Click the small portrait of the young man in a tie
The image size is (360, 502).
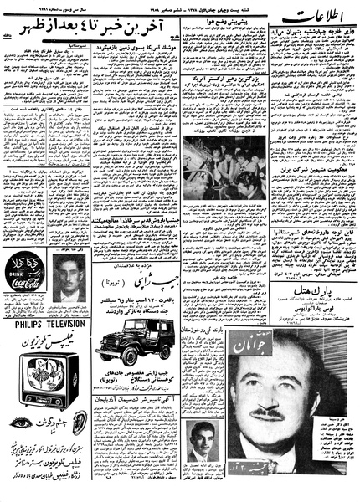pyautogui.click(x=201, y=443)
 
